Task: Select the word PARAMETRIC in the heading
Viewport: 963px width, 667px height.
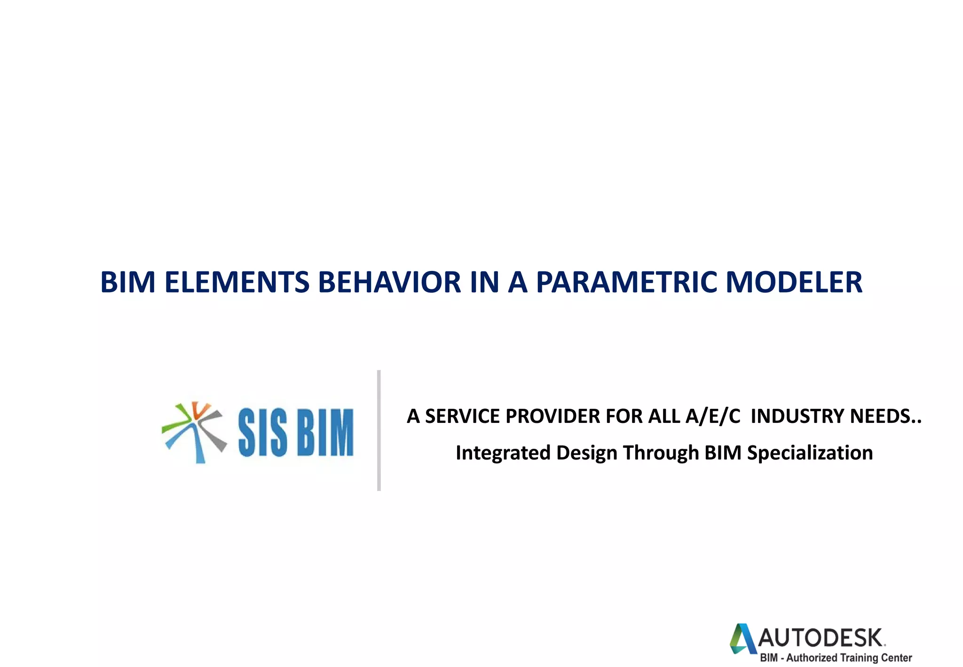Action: point(626,282)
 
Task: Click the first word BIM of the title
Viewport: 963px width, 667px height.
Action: point(128,282)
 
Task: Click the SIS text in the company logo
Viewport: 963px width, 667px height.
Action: point(262,432)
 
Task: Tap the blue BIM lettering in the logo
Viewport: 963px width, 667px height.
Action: point(325,432)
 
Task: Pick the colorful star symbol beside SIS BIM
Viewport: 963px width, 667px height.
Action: point(194,432)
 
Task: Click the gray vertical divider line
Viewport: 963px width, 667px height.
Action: point(379,430)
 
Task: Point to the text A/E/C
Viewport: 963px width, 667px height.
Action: point(713,416)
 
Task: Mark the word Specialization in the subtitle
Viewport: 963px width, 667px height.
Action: point(810,453)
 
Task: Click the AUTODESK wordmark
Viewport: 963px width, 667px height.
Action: point(821,638)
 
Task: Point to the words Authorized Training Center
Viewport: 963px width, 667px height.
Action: point(849,658)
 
